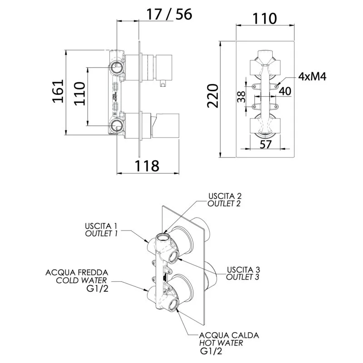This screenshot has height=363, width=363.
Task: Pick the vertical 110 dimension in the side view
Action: [79, 93]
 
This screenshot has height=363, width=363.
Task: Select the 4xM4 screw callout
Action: [312, 77]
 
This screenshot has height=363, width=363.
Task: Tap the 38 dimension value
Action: [241, 96]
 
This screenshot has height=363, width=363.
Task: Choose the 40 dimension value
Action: [285, 91]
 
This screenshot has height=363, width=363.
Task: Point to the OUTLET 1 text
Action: [102, 233]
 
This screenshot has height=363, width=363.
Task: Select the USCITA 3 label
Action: [243, 270]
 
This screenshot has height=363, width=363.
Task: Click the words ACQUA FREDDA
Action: [77, 272]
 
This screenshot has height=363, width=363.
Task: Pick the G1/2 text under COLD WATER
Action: [98, 289]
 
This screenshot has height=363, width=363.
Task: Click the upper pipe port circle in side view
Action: [117, 68]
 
